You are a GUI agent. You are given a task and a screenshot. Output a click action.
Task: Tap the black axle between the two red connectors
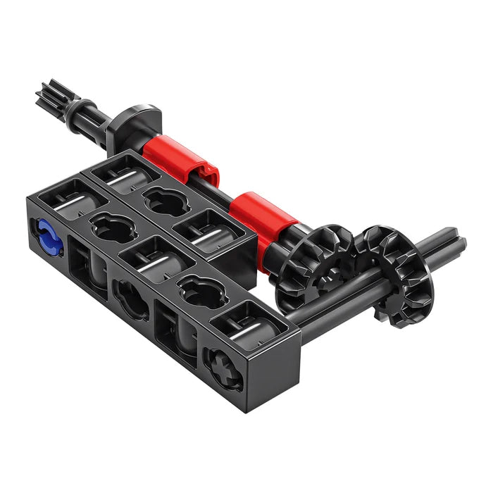224,192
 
